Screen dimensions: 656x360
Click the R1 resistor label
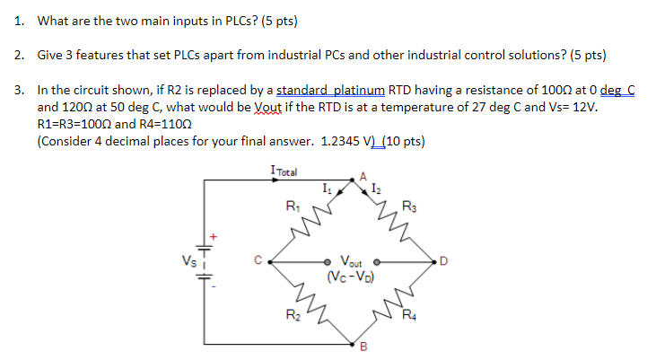click(x=292, y=206)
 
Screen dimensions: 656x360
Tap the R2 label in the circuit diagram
click(x=293, y=314)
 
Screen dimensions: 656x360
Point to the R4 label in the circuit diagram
click(x=409, y=314)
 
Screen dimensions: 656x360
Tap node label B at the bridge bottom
click(x=363, y=349)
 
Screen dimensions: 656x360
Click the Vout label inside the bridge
click(x=353, y=261)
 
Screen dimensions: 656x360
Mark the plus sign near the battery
click(x=214, y=238)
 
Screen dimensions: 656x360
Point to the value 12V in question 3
click(x=583, y=108)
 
